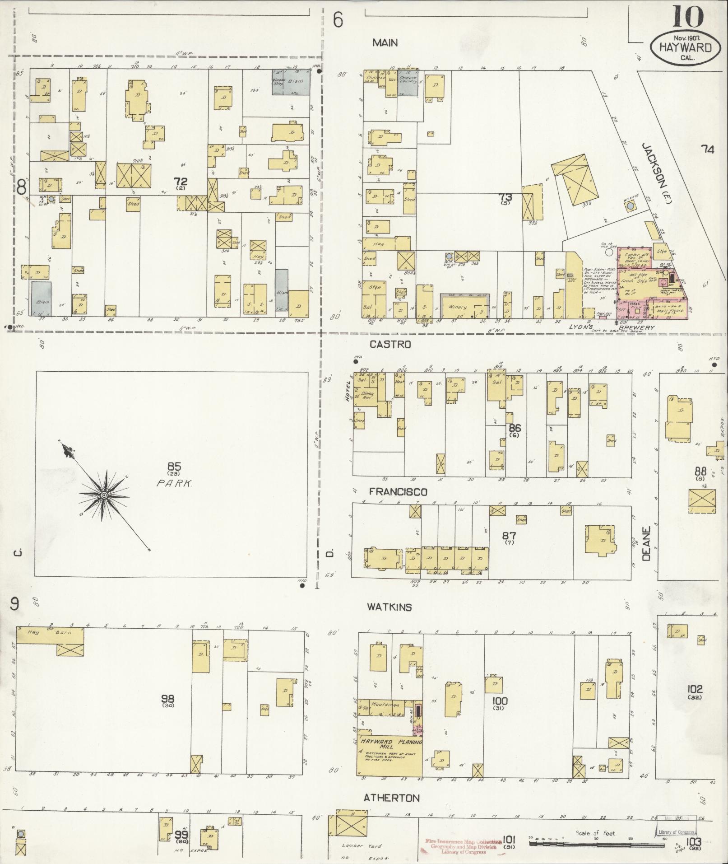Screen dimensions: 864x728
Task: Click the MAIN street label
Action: coord(385,43)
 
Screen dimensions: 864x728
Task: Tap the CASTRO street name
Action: coord(390,344)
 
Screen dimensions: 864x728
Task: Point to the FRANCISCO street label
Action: coord(398,491)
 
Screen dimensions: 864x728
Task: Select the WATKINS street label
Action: coord(389,607)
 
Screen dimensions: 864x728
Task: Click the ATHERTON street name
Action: coord(391,798)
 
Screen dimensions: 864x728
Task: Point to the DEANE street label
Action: coord(647,544)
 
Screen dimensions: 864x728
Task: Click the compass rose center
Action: coord(104,495)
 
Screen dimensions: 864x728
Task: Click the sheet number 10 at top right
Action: coord(688,17)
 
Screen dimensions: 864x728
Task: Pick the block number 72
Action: coord(181,181)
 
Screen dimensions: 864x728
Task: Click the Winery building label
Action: coord(457,307)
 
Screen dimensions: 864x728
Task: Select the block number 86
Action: coord(515,428)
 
